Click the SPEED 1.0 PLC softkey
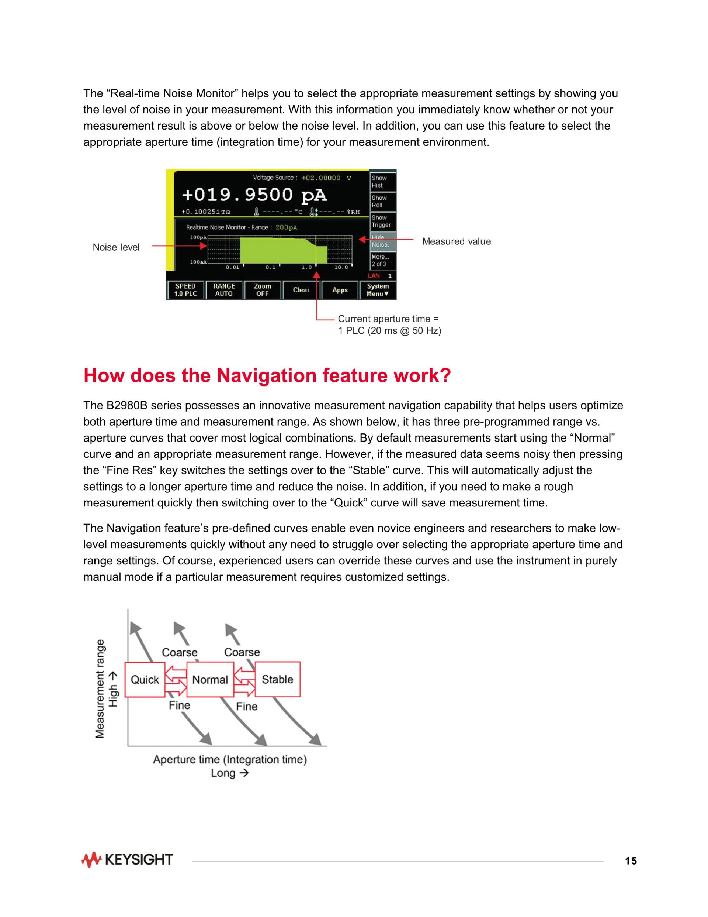point(185,290)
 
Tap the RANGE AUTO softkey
point(224,290)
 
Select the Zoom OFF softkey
point(263,290)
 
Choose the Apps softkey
point(340,290)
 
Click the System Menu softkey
point(378,290)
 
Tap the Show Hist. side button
point(382,182)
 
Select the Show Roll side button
point(382,202)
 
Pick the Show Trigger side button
point(382,221)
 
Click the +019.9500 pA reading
point(254,195)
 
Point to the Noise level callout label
point(116,247)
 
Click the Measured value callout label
point(457,241)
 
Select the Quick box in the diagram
point(145,679)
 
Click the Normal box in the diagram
point(210,679)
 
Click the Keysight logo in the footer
point(127,860)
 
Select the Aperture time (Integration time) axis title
point(230,759)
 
